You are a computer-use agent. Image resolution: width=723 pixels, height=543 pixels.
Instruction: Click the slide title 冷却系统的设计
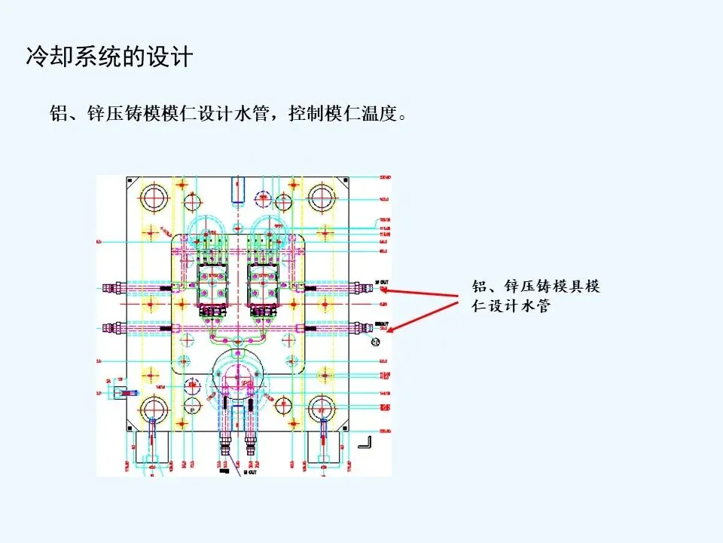[x=110, y=57]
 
